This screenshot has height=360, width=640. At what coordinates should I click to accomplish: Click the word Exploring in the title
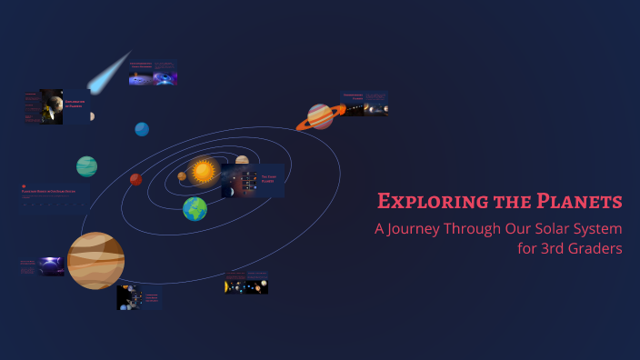click(419, 201)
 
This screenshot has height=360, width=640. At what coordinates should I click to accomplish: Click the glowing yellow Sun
click(203, 170)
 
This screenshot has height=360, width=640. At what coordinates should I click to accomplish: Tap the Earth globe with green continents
click(195, 209)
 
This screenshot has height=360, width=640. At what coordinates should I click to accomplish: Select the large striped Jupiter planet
click(95, 260)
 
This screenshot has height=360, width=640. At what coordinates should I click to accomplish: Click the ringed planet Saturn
click(320, 116)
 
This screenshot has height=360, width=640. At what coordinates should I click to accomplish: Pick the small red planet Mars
click(135, 180)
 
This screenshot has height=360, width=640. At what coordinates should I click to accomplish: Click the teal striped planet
click(86, 166)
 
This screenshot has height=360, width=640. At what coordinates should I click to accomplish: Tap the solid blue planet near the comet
click(142, 129)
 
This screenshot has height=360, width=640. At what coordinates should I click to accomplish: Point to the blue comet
click(108, 73)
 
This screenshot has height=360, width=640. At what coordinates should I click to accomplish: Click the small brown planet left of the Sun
click(182, 176)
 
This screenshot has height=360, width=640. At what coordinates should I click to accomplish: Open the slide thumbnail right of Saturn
click(365, 103)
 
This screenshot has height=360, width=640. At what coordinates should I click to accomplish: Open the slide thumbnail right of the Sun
click(253, 180)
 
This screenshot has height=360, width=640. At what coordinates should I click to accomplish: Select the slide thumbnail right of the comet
click(153, 74)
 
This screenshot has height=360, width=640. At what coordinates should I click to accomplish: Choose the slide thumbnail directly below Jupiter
click(139, 298)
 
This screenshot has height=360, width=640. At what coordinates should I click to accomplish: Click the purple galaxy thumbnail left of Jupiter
click(42, 266)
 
